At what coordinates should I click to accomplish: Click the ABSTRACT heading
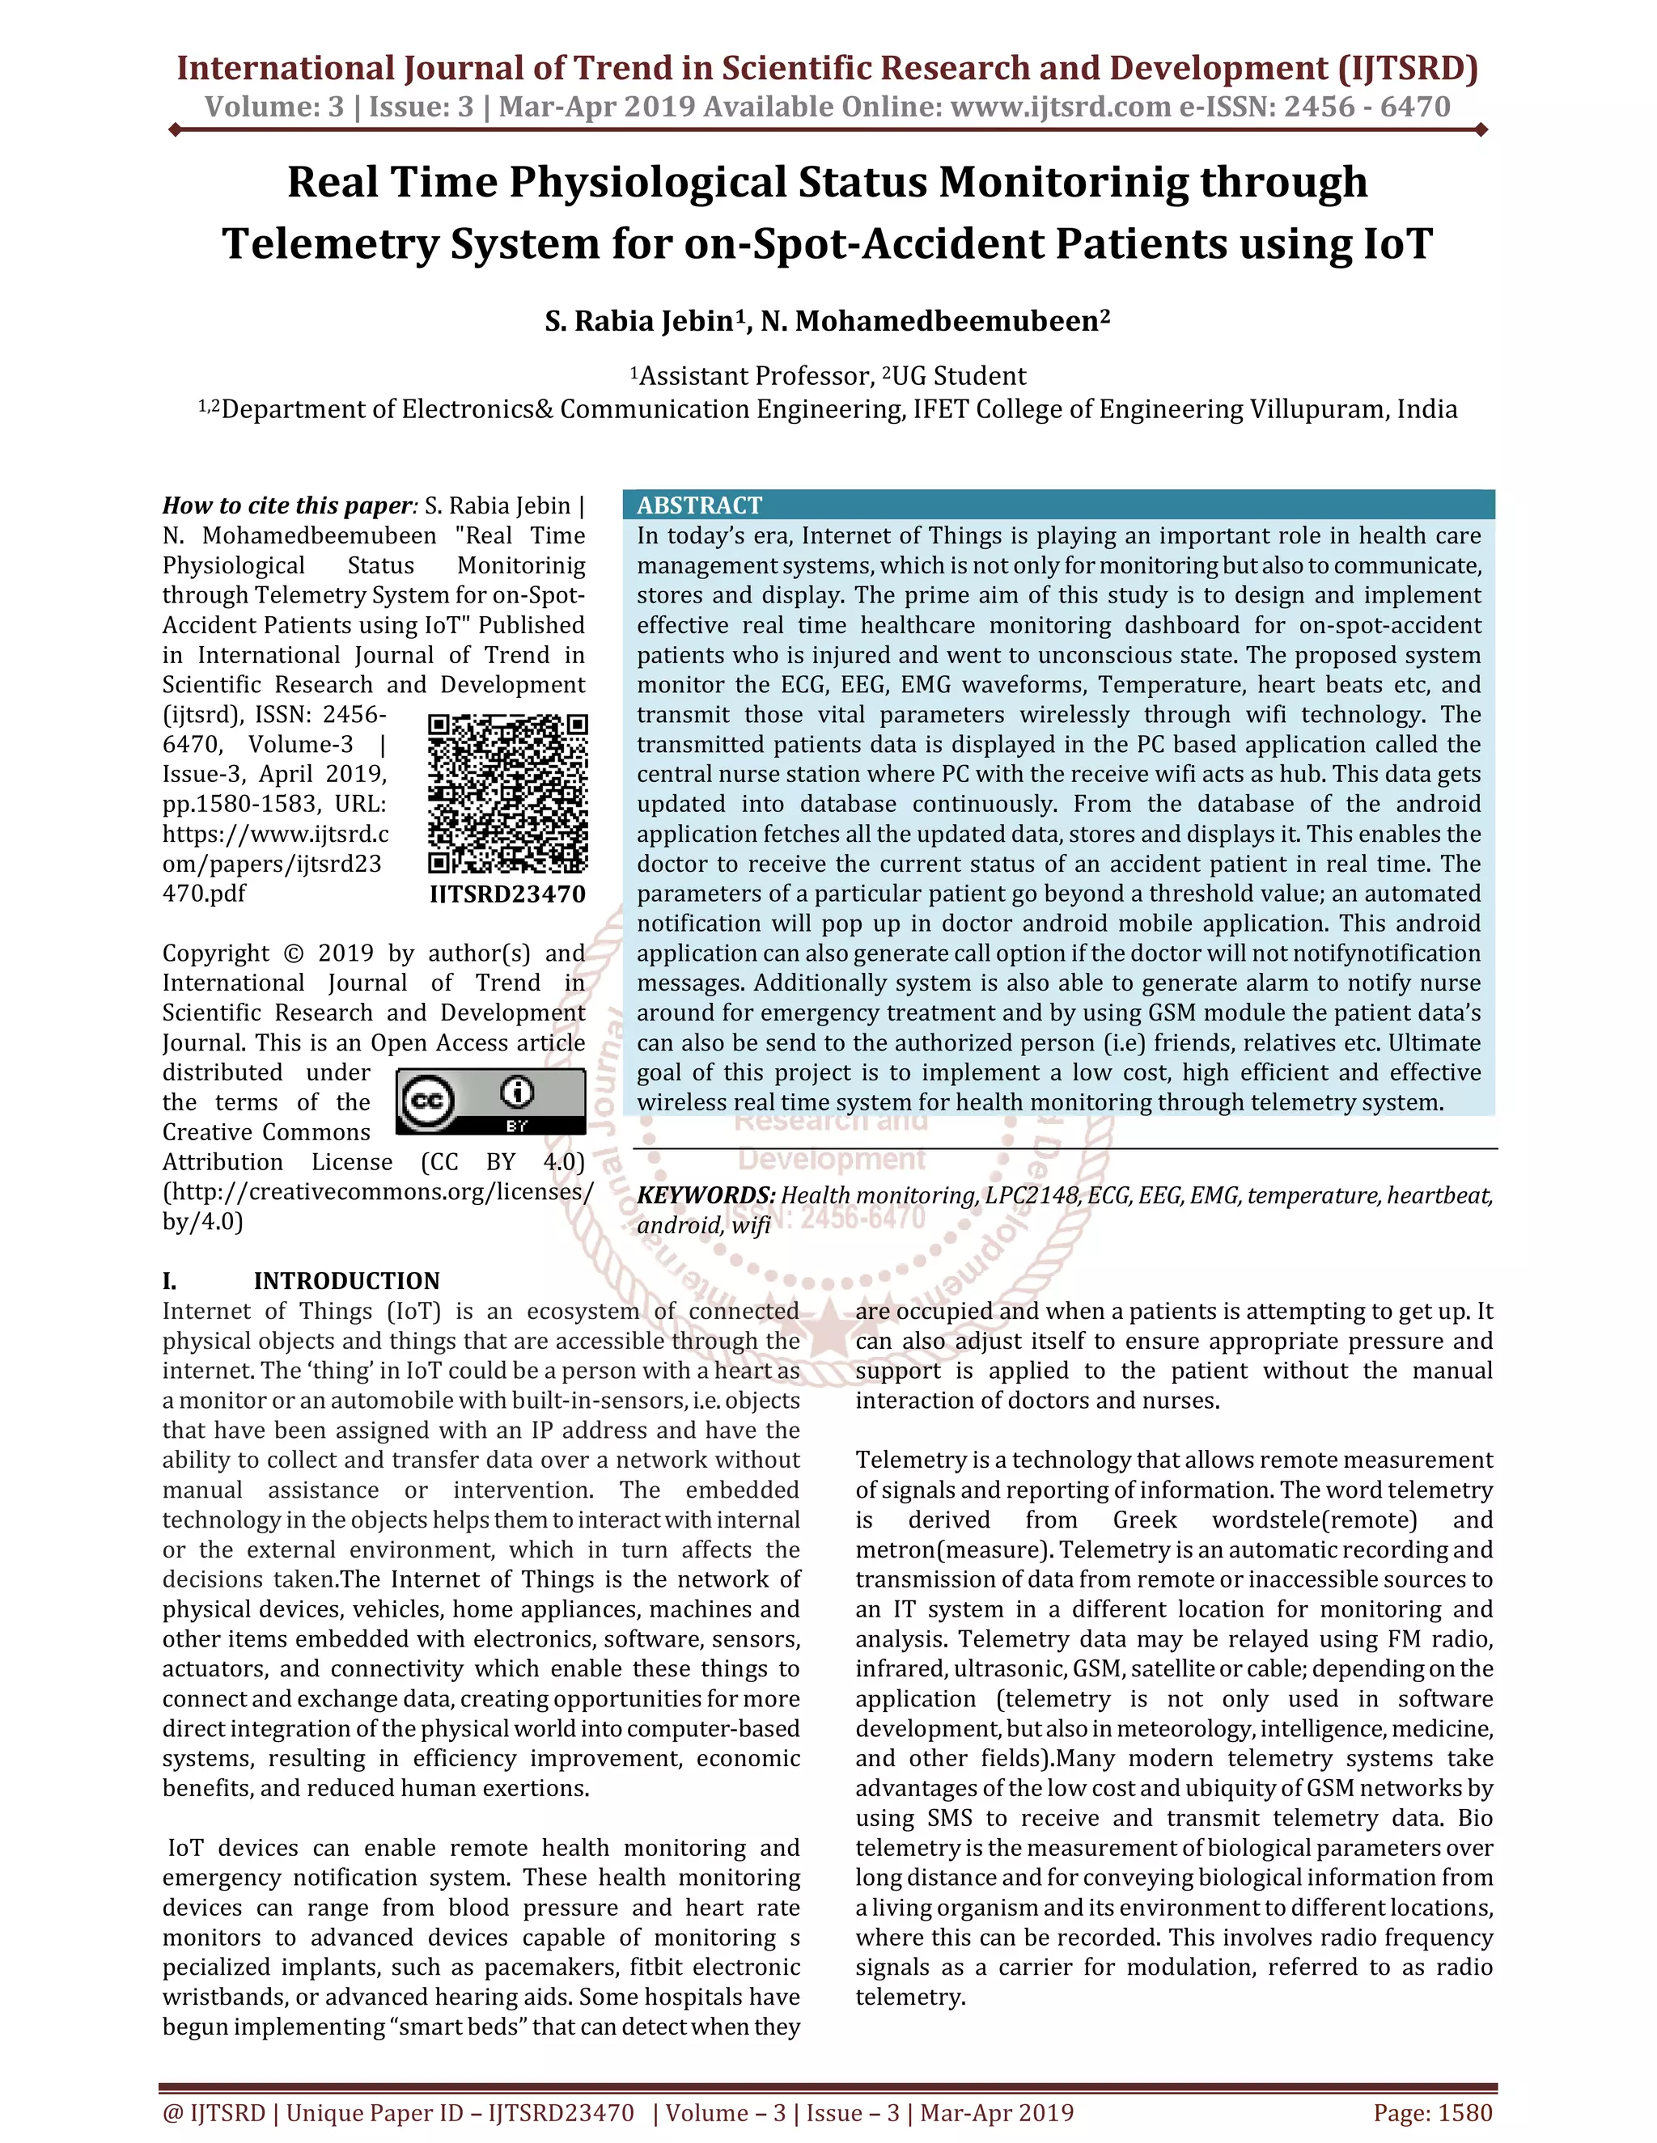tap(699, 505)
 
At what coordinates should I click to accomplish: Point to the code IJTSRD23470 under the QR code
tap(507, 894)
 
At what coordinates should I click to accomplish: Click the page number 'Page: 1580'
tap(1432, 2112)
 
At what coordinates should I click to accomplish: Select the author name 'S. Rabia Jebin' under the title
tap(639, 322)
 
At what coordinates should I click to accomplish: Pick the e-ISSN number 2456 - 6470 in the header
tap(1367, 106)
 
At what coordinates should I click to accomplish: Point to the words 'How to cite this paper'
tap(286, 505)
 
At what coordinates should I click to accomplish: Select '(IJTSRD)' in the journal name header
tap(1407, 68)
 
